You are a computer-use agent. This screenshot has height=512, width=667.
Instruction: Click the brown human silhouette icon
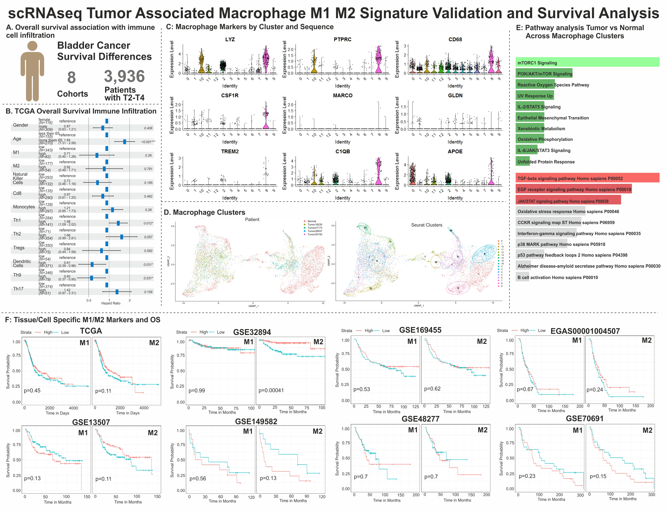[32, 72]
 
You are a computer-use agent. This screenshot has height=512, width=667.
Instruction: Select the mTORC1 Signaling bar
[587, 62]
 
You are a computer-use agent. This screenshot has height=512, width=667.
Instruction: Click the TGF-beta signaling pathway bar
[587, 178]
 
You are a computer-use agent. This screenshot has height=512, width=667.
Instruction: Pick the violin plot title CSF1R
[230, 95]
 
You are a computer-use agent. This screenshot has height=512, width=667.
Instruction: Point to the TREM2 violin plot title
[230, 151]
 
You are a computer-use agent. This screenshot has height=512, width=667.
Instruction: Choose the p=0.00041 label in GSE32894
[271, 390]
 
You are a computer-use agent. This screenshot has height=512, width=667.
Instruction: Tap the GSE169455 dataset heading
[420, 330]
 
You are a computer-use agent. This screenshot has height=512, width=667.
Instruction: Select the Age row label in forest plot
[17, 139]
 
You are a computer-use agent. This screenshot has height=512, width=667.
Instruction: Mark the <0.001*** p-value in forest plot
[148, 142]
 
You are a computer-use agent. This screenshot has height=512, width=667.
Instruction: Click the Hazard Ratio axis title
[111, 303]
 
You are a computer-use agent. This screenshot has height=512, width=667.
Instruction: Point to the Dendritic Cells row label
[22, 263]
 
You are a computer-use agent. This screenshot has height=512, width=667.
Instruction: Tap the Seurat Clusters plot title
[426, 225]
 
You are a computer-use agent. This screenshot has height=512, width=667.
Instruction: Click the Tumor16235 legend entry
[315, 225]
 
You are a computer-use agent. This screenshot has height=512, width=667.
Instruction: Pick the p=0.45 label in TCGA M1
[32, 390]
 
